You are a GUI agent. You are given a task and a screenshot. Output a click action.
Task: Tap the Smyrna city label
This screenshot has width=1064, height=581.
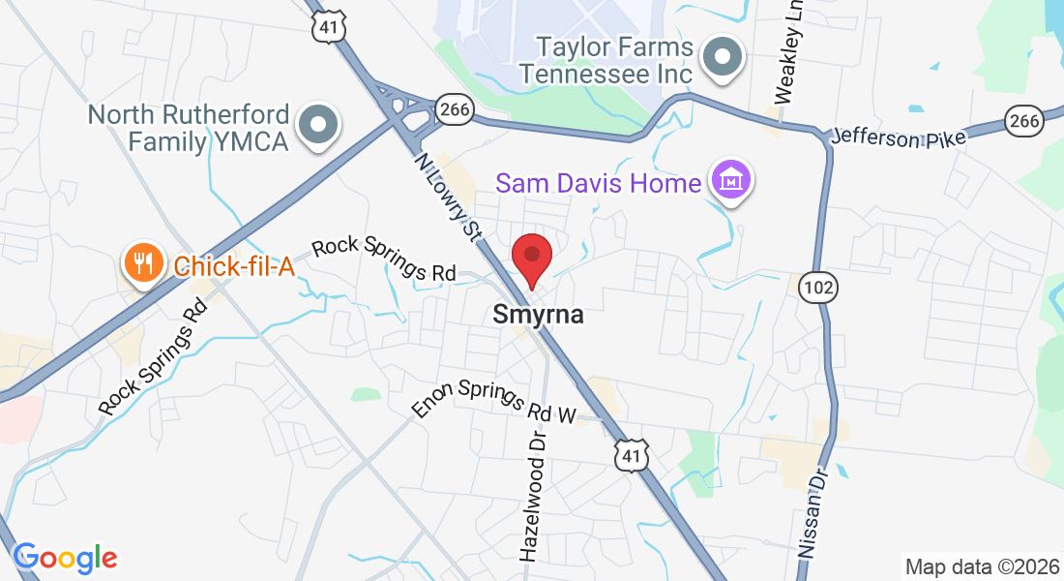pyautogui.click(x=539, y=315)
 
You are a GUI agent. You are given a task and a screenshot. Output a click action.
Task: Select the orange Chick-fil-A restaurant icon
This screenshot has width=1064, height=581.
pyautogui.click(x=143, y=263)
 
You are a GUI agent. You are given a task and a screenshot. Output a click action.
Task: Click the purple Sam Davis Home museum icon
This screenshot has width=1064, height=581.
pyautogui.click(x=732, y=180)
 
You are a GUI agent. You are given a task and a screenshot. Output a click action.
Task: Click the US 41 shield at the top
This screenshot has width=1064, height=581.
pyautogui.click(x=329, y=26)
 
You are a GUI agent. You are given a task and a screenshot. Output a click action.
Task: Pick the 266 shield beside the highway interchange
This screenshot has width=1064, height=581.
pyautogui.click(x=453, y=109)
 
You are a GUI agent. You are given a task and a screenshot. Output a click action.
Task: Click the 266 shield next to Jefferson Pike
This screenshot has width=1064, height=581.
pyautogui.click(x=1023, y=121)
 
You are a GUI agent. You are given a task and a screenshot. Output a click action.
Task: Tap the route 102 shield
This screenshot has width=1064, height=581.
pyautogui.click(x=818, y=288)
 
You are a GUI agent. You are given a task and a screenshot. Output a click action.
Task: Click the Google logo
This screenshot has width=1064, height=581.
pyautogui.click(x=65, y=558)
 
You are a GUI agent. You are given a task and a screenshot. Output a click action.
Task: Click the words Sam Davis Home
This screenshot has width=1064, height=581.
pyautogui.click(x=598, y=182)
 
